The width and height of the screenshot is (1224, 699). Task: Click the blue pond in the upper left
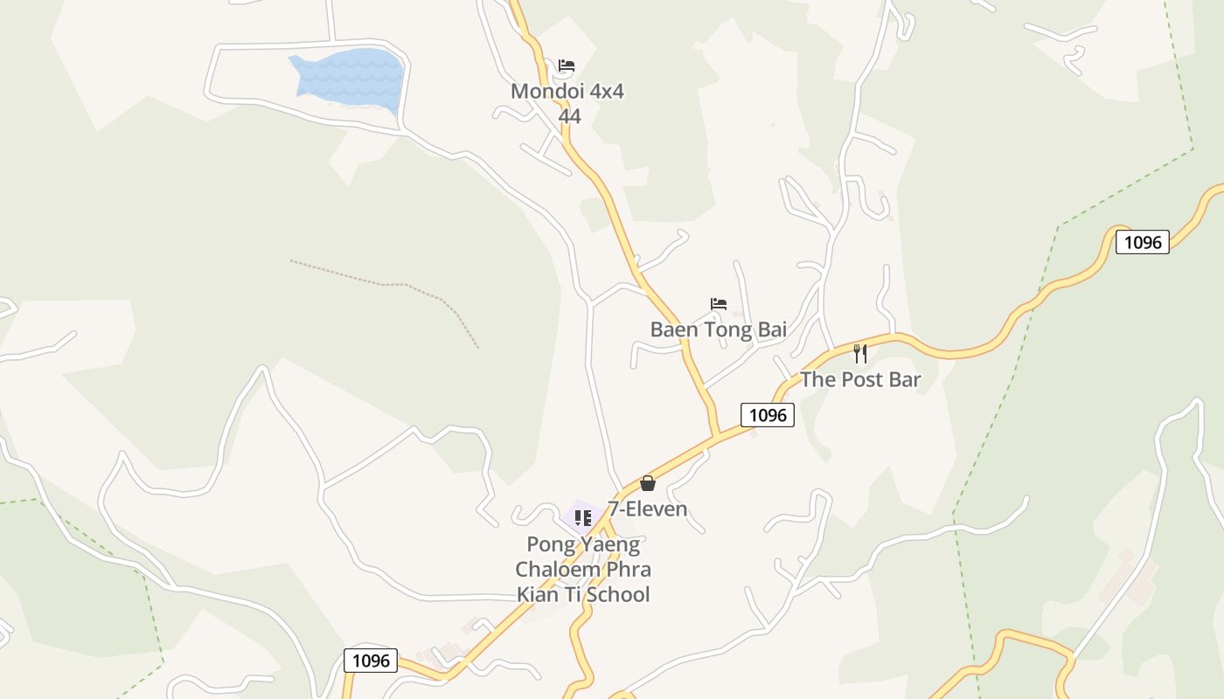coord(350,77)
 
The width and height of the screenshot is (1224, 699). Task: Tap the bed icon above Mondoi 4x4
coord(567,66)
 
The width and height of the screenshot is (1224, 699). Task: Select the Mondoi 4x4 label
coord(567,91)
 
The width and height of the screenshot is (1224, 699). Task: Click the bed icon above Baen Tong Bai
coord(719,304)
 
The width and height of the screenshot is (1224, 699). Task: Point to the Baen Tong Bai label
coord(718,329)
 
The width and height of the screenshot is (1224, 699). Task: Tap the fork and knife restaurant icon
coord(860,354)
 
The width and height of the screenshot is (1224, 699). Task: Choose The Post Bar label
coord(860,379)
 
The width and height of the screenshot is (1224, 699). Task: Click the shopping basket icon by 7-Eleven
coord(648,483)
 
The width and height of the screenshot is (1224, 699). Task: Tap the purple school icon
coord(582,518)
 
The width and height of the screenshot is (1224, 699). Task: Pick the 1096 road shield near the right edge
coord(1142,242)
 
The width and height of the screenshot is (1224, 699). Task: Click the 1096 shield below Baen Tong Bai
coord(768,415)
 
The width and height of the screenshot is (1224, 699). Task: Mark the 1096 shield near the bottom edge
coord(371,661)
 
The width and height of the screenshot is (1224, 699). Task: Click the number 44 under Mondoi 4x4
coord(569,116)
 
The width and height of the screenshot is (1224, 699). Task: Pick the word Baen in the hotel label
coord(671,329)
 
